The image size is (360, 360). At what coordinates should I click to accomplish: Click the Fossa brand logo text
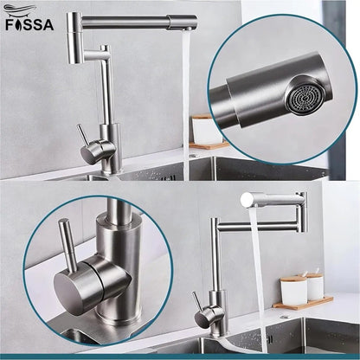click(x=29, y=24)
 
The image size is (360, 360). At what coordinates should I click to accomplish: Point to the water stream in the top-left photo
click(x=186, y=95)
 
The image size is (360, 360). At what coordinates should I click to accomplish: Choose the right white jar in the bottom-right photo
click(x=314, y=286)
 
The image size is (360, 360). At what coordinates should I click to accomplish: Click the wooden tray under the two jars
click(x=303, y=303)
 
